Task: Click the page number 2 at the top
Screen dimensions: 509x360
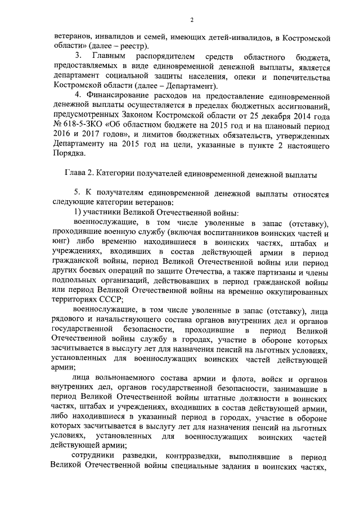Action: point(191,20)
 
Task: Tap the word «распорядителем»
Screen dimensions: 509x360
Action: point(166,57)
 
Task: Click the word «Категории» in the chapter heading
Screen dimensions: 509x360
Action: point(124,175)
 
